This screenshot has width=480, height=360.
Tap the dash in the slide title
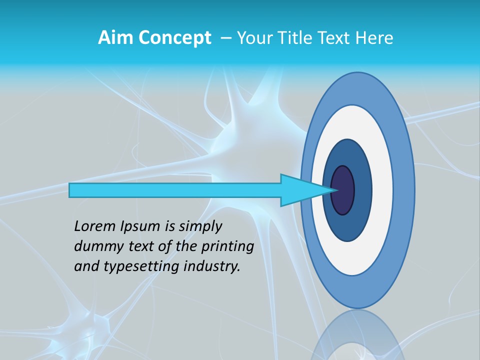[x=225, y=38]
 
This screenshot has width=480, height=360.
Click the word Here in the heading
[x=374, y=38]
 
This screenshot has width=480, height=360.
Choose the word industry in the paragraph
[x=212, y=267]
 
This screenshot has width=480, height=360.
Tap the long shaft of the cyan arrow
[x=175, y=190]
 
